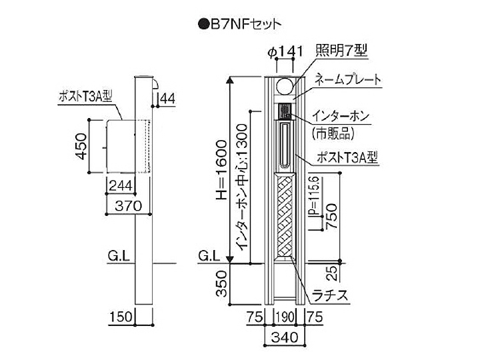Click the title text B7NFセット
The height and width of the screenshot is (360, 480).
pyautogui.click(x=245, y=24)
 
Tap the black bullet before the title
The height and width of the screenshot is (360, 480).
pyautogui.click(x=203, y=25)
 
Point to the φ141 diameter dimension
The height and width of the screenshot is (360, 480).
pyautogui.click(x=285, y=51)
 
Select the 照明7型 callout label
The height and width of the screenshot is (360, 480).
pyautogui.click(x=341, y=50)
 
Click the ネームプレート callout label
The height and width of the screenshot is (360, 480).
pyautogui.click(x=348, y=79)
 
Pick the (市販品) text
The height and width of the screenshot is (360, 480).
pyautogui.click(x=333, y=133)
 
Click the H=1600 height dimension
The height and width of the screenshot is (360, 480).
pyautogui.click(x=221, y=170)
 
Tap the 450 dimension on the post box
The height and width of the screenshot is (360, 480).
pyautogui.click(x=82, y=146)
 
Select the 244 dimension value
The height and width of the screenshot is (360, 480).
pyautogui.click(x=121, y=185)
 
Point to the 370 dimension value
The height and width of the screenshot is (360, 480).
pyautogui.click(x=129, y=206)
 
